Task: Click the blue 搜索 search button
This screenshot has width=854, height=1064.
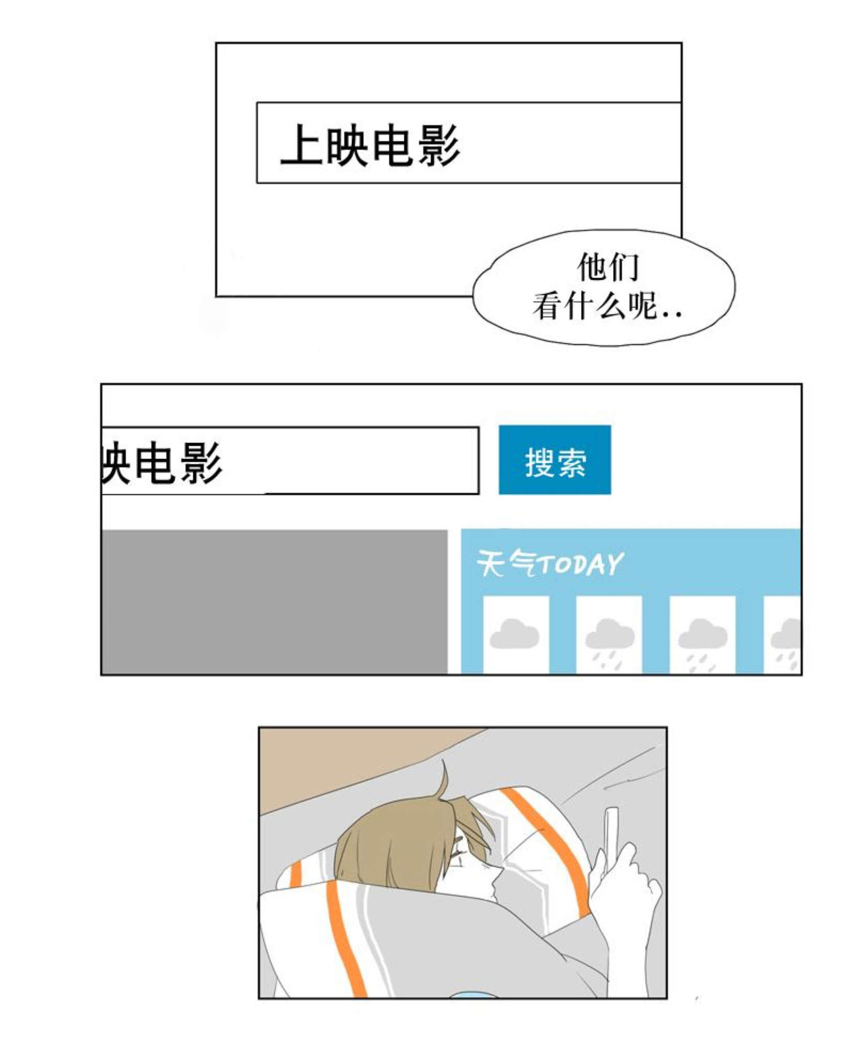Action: pos(555,460)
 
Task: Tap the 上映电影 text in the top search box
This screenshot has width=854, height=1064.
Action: pos(370,145)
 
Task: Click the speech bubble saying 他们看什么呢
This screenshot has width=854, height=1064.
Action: pos(603,287)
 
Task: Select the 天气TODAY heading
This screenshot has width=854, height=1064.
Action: pos(550,563)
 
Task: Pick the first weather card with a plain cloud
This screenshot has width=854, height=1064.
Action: pos(515,634)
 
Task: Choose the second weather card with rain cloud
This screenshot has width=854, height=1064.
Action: pos(609,634)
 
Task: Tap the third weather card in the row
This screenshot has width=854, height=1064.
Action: pos(703,634)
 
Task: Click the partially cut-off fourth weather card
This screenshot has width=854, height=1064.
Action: pos(782,634)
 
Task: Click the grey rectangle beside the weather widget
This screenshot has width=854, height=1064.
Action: pos(275,602)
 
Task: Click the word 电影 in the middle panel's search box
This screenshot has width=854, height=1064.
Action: pos(178,463)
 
